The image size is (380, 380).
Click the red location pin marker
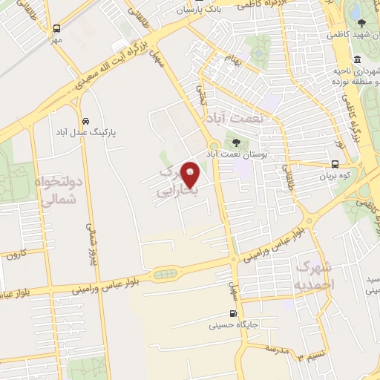click(191, 174)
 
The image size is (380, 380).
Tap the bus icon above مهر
click(56, 27)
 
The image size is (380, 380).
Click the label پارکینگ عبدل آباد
click(87, 132)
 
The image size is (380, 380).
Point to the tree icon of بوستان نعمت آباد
click(236, 142)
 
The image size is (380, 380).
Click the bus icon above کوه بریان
click(335, 165)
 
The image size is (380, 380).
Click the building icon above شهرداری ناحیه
click(358, 59)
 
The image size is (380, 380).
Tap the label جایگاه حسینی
click(232, 324)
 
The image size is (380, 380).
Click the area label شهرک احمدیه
click(315, 275)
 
